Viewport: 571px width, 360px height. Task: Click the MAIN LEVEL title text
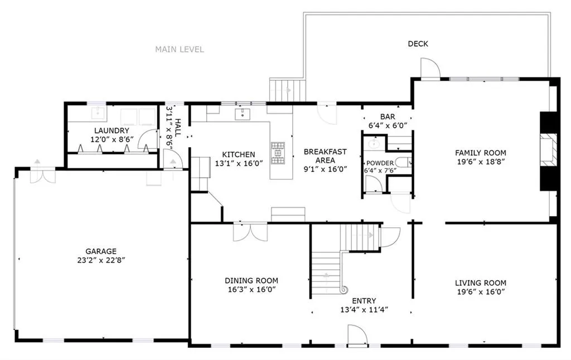click(180, 50)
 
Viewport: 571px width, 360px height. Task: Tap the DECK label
click(418, 43)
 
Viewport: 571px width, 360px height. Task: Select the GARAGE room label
click(101, 251)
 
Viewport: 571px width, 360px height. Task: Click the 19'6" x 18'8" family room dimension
click(481, 162)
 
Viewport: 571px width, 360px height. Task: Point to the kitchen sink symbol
click(243, 114)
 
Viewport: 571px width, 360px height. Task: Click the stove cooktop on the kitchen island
click(278, 153)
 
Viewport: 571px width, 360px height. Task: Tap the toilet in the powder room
click(404, 162)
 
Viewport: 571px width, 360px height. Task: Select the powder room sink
click(374, 144)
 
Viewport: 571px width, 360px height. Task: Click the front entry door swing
click(357, 334)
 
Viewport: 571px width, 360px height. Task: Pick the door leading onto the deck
click(430, 68)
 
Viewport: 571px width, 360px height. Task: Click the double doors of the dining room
click(250, 231)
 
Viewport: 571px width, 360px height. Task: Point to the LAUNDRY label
click(112, 130)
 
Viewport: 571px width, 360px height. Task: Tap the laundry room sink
click(98, 113)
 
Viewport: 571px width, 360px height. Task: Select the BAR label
click(388, 117)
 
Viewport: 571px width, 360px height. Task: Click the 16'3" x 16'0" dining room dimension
click(251, 290)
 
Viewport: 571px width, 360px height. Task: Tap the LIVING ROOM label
click(481, 283)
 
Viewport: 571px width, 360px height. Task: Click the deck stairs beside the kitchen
click(287, 90)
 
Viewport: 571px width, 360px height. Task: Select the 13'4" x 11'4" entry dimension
click(364, 310)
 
